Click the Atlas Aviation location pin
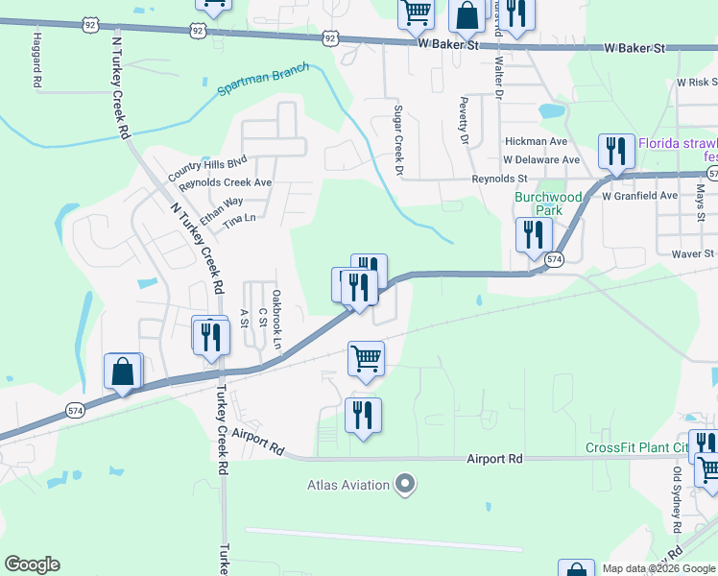click(405, 484)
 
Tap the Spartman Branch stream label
click(263, 81)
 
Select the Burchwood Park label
click(548, 203)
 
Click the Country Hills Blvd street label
click(207, 167)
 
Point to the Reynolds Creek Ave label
click(226, 182)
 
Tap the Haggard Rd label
click(36, 60)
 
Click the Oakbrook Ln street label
click(276, 320)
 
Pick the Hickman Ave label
click(536, 141)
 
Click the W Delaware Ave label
click(541, 159)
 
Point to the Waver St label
click(693, 253)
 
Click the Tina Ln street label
click(240, 220)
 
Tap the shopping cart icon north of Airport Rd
click(366, 359)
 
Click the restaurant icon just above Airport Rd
click(363, 416)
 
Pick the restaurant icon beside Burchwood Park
click(533, 235)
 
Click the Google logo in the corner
click(32, 564)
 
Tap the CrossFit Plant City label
click(637, 448)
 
